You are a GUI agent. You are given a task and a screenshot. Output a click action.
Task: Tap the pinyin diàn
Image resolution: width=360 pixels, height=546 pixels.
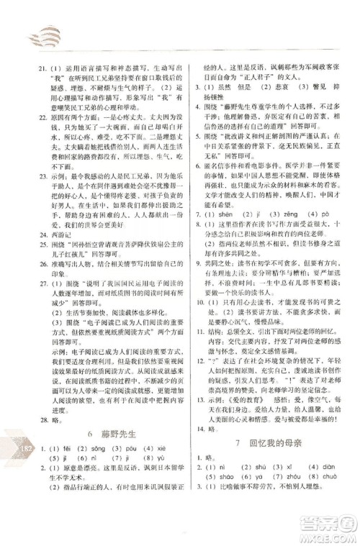tap(314, 487)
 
